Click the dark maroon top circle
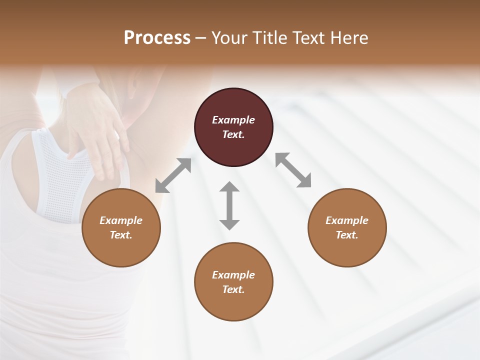(x=233, y=127)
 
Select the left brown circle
(x=121, y=228)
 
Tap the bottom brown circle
(x=233, y=282)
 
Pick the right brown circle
(x=347, y=228)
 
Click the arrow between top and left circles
(x=173, y=175)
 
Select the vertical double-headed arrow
(x=229, y=205)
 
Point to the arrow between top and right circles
(x=293, y=170)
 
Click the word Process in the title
(x=157, y=37)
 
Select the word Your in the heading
(x=229, y=37)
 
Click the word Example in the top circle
(x=233, y=120)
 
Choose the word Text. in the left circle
(x=121, y=235)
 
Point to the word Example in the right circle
(x=347, y=220)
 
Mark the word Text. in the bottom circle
(x=233, y=289)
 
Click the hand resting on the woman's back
(x=97, y=130)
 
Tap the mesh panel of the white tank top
(x=60, y=175)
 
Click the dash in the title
(x=201, y=38)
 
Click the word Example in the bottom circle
(x=233, y=275)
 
